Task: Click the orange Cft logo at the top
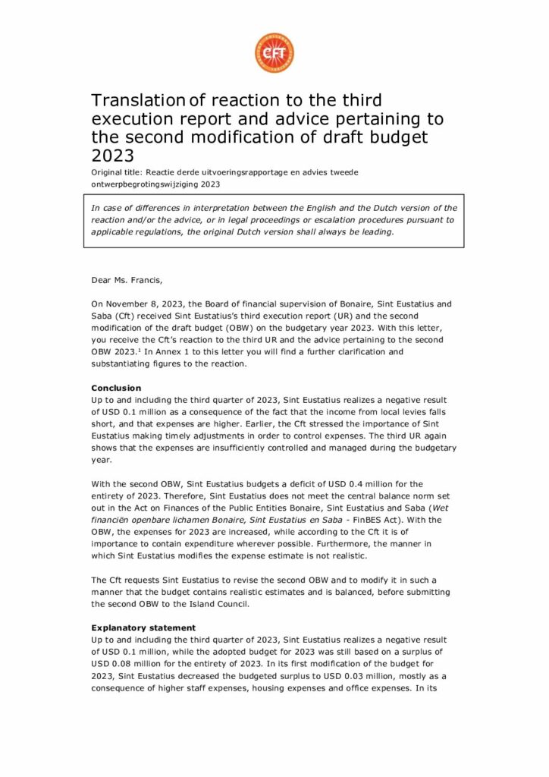274,53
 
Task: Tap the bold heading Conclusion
116,388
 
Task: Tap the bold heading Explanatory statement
143,628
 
